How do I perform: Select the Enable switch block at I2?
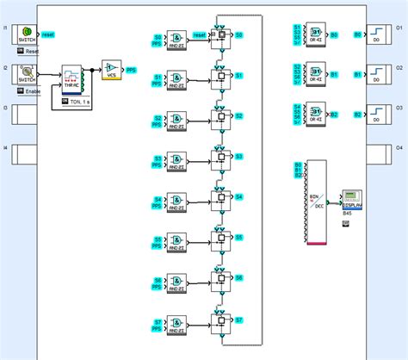pos(26,73)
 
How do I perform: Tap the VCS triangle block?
pos(111,69)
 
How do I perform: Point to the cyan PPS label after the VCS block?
pos(131,69)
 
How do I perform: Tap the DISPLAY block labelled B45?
pos(351,199)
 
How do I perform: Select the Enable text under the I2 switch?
pos(33,90)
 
